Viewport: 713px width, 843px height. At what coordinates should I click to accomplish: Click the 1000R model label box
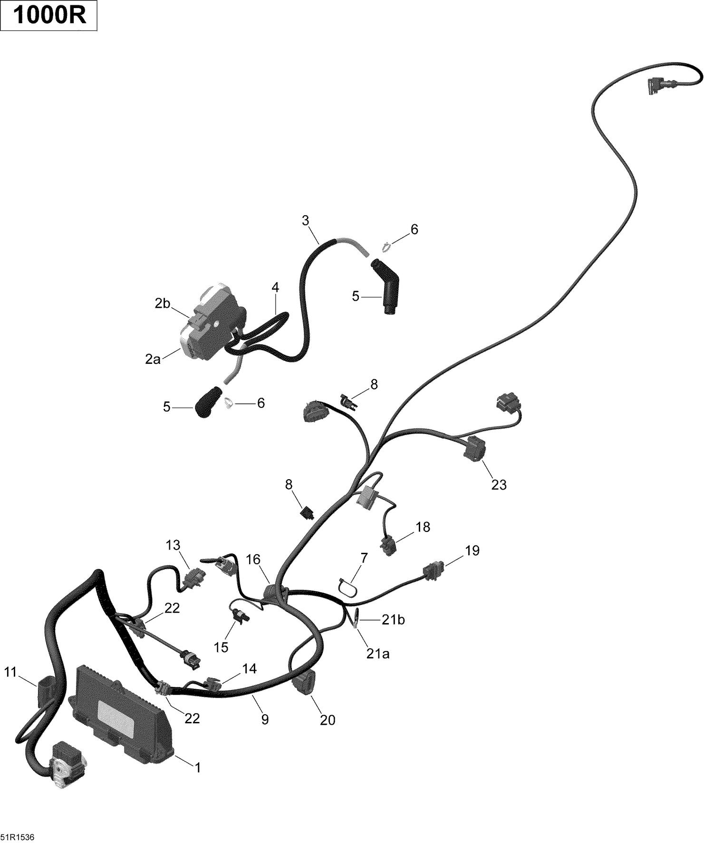pos(49,16)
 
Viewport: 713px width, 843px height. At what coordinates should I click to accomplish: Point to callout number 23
pos(499,485)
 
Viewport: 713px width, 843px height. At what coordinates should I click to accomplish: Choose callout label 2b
pos(163,303)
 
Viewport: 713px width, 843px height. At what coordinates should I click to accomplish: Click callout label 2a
pos(153,360)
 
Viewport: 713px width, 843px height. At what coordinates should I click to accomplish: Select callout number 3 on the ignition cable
pos(305,220)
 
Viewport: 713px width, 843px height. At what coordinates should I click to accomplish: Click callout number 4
pos(275,287)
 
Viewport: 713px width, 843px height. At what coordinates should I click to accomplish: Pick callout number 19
pos(472,550)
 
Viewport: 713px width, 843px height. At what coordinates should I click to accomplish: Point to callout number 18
pos(423,527)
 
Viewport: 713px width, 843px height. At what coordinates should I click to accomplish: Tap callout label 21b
pos(393,620)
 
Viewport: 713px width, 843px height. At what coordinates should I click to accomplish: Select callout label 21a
pos(378,654)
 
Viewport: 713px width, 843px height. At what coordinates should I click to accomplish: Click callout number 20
pos(328,720)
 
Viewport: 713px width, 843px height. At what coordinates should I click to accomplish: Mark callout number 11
pos(10,672)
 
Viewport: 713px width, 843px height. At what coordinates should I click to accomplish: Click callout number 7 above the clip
pos(364,558)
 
